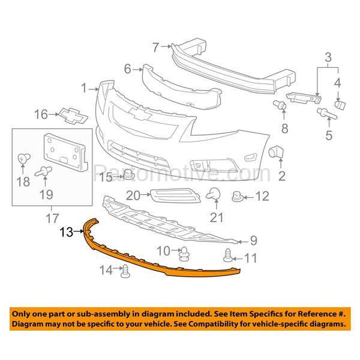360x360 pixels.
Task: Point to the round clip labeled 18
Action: tap(23, 159)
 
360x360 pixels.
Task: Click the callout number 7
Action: tap(155, 46)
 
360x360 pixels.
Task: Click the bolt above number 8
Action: tap(279, 106)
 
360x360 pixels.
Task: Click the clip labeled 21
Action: tap(214, 193)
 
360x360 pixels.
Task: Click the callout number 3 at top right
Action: tap(328, 58)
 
